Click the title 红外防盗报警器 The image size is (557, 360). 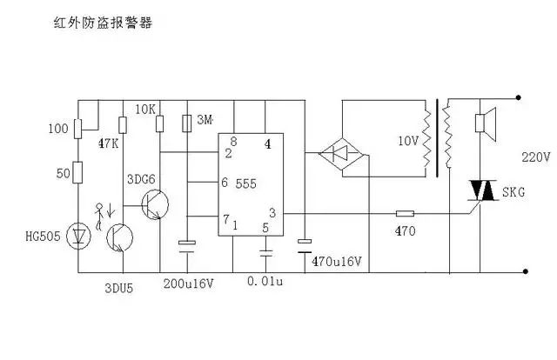(x=103, y=23)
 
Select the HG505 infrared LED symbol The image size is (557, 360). (x=78, y=236)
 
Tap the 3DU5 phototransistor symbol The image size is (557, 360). (x=120, y=238)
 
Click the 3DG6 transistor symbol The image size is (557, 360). (x=155, y=204)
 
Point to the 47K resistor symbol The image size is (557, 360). (x=123, y=125)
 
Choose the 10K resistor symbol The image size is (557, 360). (x=160, y=123)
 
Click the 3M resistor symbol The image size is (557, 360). (x=187, y=123)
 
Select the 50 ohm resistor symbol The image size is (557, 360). (x=77, y=172)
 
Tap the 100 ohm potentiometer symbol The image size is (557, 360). (x=77, y=129)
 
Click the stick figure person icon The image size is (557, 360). (x=99, y=217)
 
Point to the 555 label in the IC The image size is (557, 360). (x=245, y=183)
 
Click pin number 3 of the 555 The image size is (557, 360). (x=272, y=213)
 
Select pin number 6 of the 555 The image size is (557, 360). (x=225, y=182)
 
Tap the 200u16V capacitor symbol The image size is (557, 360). (x=187, y=247)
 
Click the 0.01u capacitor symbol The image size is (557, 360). (x=265, y=253)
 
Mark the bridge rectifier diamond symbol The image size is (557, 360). (x=343, y=153)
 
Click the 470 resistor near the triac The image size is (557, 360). (x=405, y=213)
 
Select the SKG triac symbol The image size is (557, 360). (x=482, y=190)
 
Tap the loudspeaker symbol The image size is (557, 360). (x=486, y=123)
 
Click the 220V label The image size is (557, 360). (x=536, y=157)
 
